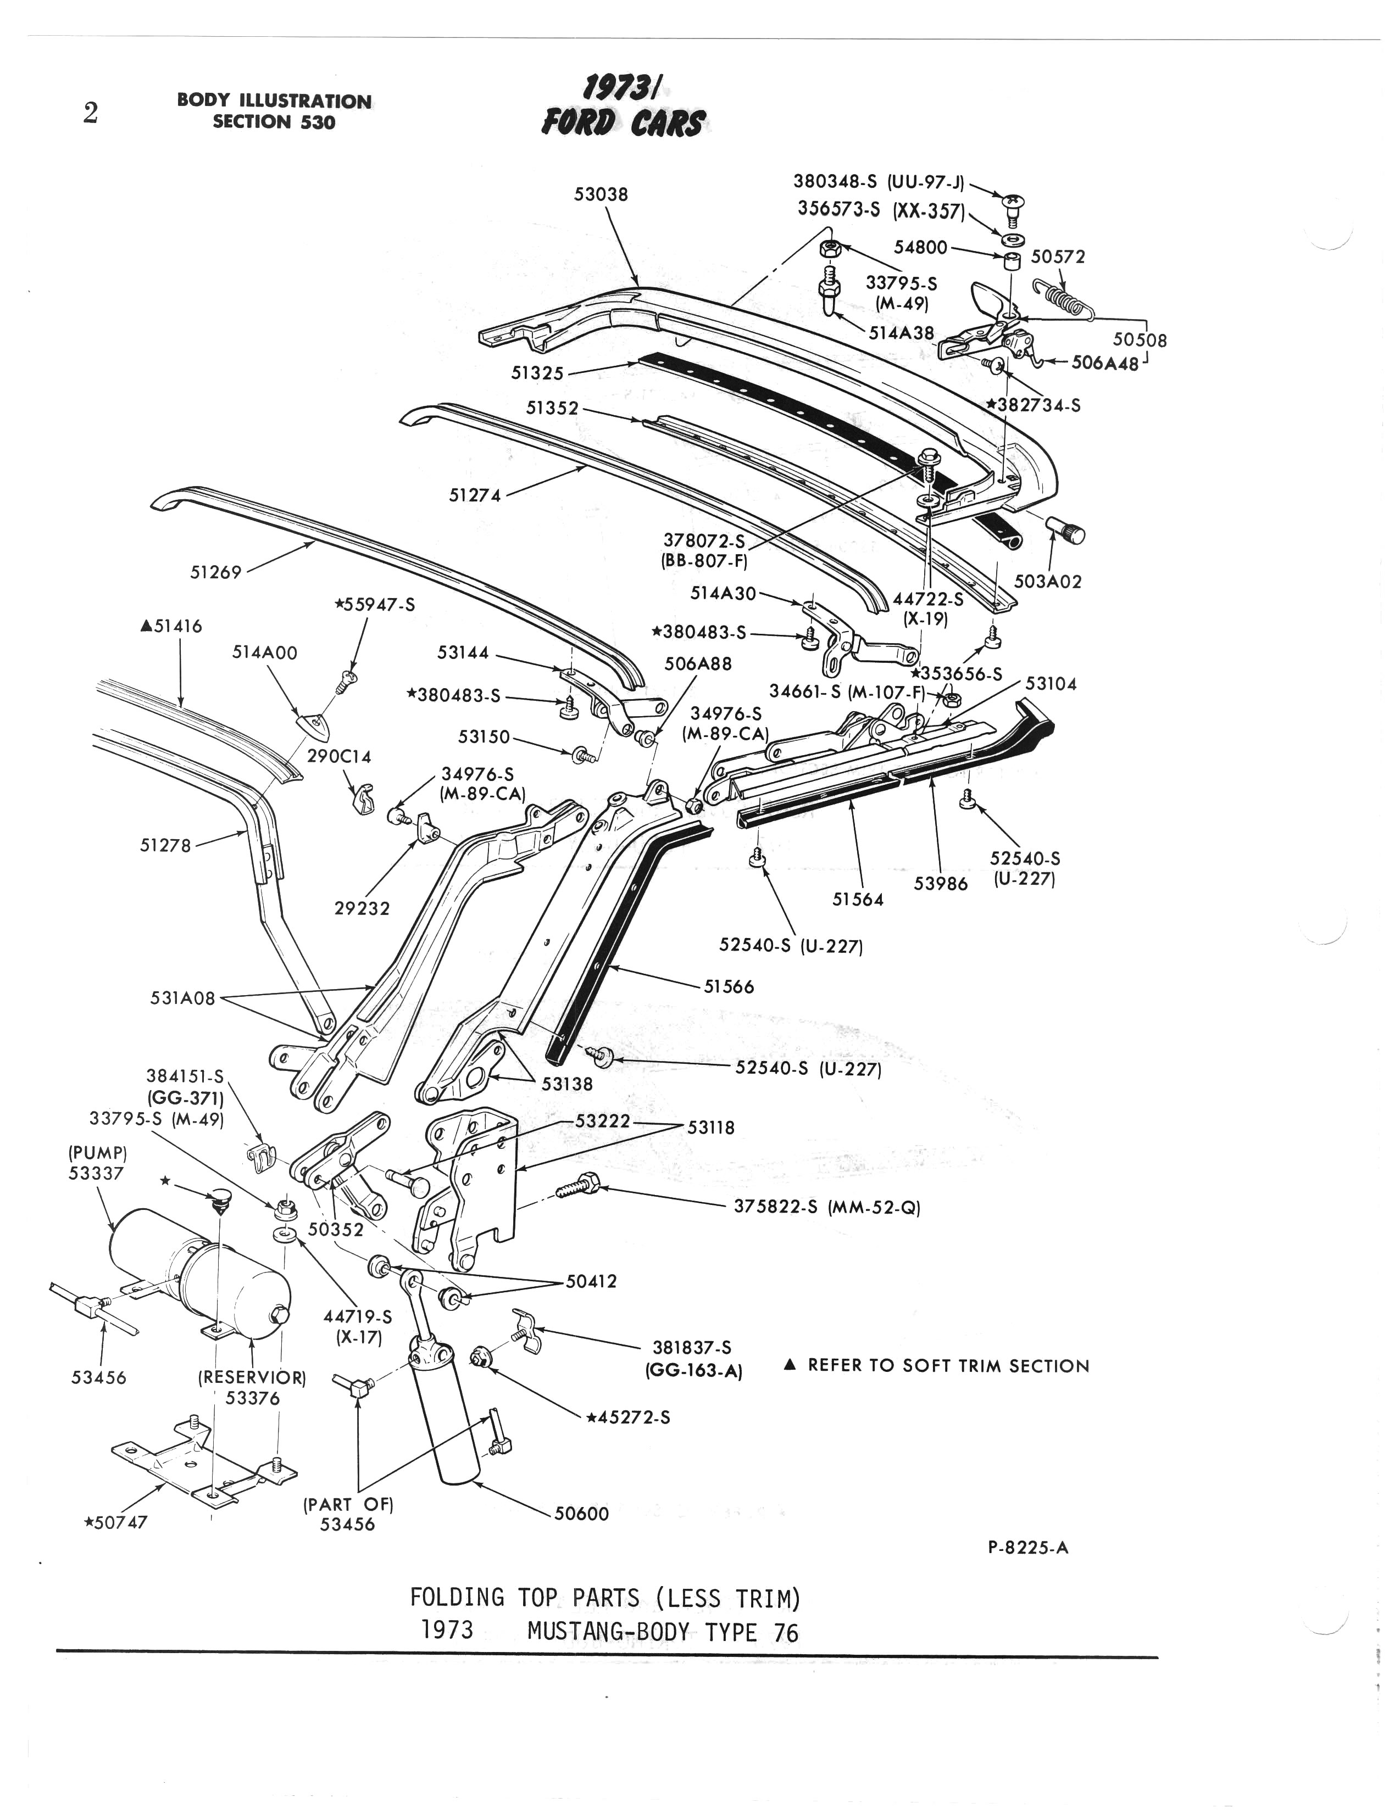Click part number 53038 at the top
[x=601, y=194]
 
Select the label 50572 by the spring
[x=1058, y=256]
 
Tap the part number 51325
[x=537, y=373]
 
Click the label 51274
[x=474, y=495]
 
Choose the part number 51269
[x=215, y=572]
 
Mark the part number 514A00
[x=264, y=653]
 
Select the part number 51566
[x=729, y=987]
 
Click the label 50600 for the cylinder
[x=582, y=1514]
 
